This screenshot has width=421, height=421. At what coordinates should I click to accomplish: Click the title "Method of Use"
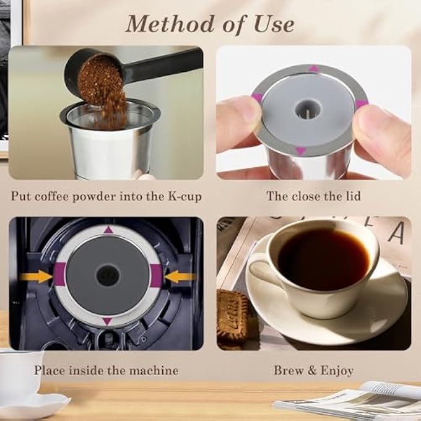tap(209, 24)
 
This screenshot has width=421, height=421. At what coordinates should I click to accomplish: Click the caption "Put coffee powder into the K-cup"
tap(105, 196)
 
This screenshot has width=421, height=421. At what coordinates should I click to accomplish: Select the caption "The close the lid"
tap(313, 196)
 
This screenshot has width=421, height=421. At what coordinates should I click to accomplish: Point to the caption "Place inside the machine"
tap(106, 371)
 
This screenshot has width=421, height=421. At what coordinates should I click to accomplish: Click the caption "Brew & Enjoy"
tap(313, 371)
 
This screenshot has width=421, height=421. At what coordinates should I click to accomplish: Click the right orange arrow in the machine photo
tap(179, 276)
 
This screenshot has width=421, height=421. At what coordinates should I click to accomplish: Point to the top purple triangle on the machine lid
tap(108, 230)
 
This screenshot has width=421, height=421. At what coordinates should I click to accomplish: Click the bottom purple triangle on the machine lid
tap(108, 321)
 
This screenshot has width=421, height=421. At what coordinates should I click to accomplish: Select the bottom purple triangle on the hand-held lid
tap(300, 150)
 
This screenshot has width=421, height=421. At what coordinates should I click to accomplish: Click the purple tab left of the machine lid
tap(60, 276)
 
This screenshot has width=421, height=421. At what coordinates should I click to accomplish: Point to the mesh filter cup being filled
tap(109, 139)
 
